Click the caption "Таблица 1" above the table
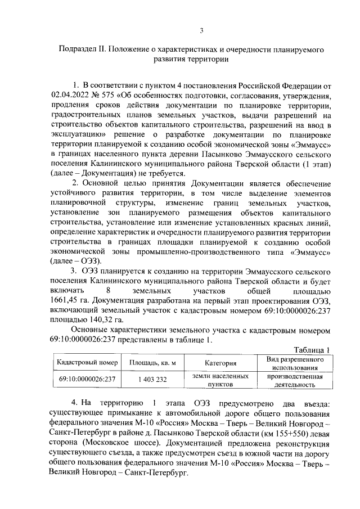pos(310,349)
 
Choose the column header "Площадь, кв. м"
pos(152,363)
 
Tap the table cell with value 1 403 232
pos(152,380)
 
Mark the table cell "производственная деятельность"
pos(294,380)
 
